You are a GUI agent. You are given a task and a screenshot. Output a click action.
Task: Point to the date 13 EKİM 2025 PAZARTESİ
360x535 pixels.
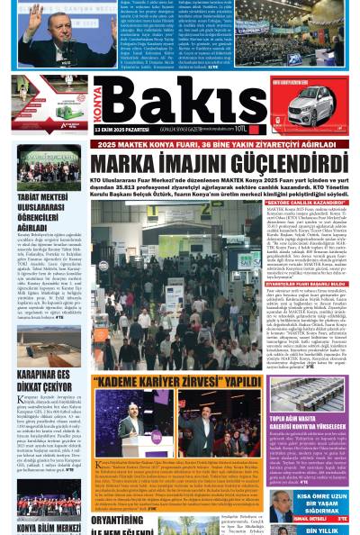click(x=124, y=131)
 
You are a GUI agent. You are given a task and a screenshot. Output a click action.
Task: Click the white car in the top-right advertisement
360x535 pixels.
click(x=317, y=121)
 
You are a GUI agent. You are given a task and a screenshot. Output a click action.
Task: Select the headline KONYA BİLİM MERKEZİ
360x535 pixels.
click(x=49, y=528)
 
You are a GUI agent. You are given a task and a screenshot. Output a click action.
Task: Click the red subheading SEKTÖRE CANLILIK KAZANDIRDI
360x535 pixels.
click(x=306, y=202)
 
